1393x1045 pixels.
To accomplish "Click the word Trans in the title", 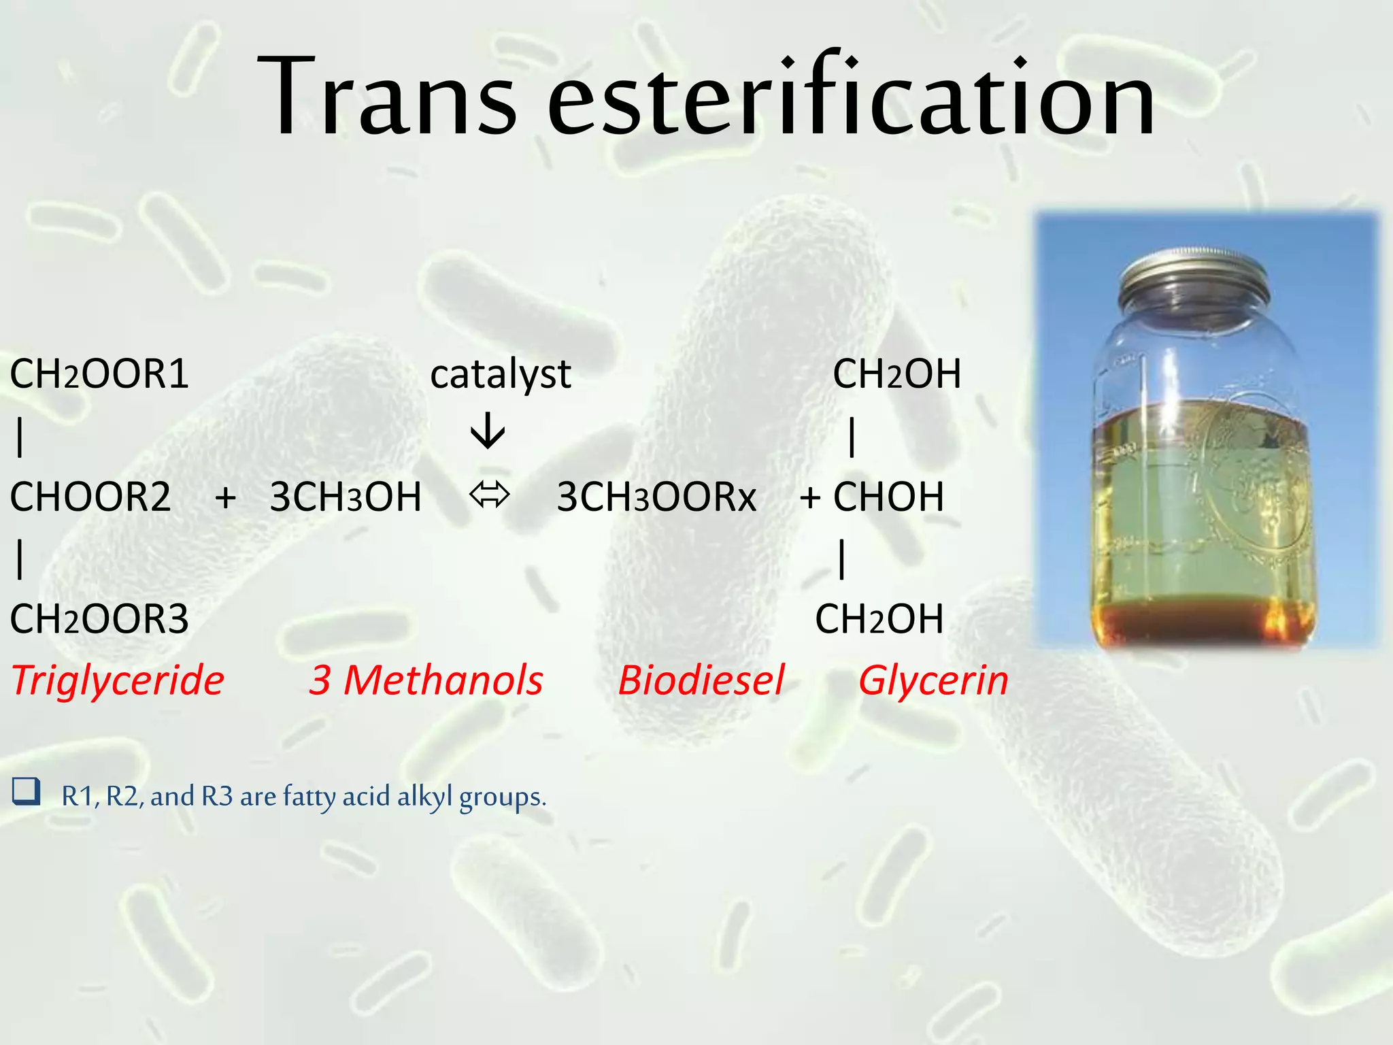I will coord(388,97).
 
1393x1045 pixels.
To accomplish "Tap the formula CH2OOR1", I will coord(99,374).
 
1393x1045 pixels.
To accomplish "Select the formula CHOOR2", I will coord(90,497).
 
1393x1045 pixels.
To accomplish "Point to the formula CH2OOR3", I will coord(99,619).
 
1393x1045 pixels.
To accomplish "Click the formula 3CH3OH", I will coord(346,497).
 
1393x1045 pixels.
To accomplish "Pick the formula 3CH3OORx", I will coord(656,497).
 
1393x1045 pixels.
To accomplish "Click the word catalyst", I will coord(501,374).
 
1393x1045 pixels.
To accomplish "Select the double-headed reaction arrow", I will coord(489,494).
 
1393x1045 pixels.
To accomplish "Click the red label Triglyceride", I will coord(118,680).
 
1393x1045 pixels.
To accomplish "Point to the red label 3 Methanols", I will coord(426,680).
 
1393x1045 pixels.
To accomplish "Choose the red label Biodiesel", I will coord(701,680).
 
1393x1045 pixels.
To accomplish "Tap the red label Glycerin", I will coord(933,680).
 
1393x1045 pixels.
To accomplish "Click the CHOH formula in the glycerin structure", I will coord(888,497).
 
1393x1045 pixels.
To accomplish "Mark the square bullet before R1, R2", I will coord(26,792).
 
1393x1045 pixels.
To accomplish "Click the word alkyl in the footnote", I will coord(424,796).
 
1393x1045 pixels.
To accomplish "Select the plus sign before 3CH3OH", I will coord(226,497).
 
